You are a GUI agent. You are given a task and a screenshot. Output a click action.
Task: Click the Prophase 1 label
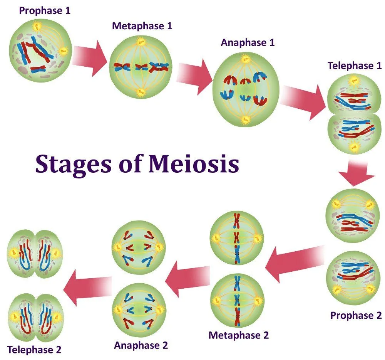45,10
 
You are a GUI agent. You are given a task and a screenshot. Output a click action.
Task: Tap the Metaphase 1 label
142,26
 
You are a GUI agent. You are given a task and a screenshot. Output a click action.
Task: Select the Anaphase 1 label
248,42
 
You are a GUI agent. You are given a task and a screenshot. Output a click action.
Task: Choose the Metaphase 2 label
239,335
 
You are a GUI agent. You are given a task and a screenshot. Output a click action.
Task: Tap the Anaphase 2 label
141,345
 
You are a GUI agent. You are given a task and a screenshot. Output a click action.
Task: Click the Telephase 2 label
34,350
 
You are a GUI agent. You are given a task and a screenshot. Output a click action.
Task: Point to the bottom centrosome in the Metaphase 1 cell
141,92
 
